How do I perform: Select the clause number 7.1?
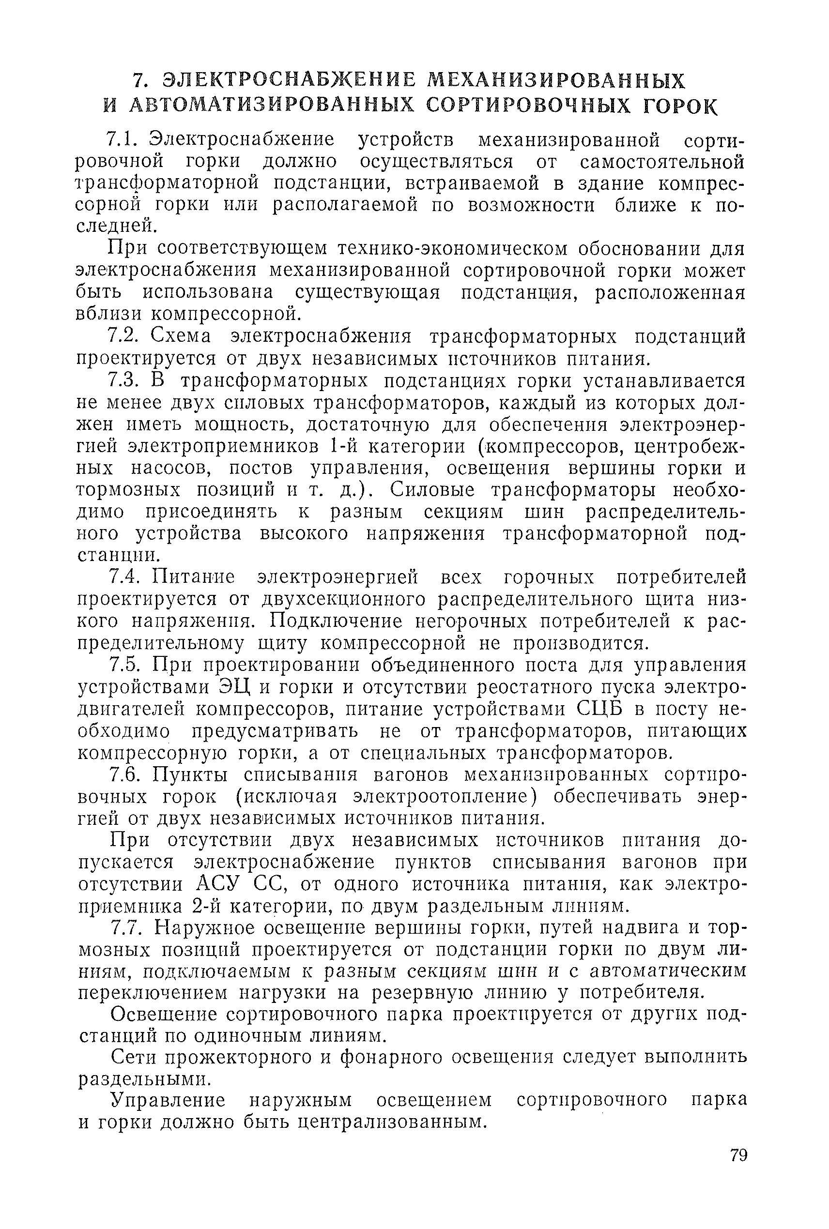click(x=122, y=139)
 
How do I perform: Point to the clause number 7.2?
click(x=123, y=336)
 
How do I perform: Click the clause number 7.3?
click(x=123, y=380)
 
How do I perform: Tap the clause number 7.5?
click(x=123, y=665)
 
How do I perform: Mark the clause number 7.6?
click(x=123, y=774)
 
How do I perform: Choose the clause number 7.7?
click(x=123, y=928)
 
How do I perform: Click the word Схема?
click(x=181, y=336)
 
